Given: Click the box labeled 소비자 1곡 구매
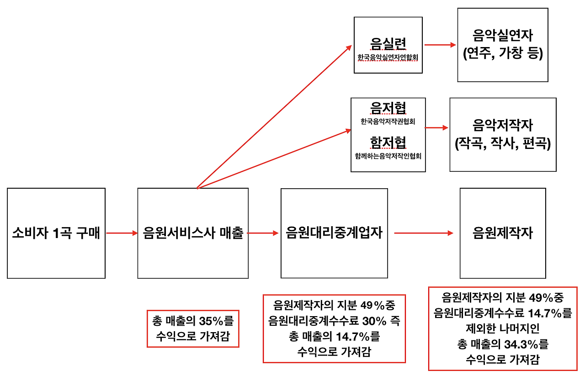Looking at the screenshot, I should point(56,233).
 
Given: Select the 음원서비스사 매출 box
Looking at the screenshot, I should point(193,233).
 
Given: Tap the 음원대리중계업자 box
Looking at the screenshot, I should point(334,233).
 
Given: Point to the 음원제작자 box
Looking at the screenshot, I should point(502,233).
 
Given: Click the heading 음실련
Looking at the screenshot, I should point(388,44).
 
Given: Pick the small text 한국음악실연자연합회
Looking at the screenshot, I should point(388,58).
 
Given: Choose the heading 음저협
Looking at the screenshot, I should point(388,108).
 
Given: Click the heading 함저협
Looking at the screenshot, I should point(388,143).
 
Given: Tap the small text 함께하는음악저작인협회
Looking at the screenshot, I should point(388,156).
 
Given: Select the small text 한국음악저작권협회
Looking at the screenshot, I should point(388,122).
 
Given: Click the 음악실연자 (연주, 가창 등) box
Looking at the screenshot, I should point(502,45).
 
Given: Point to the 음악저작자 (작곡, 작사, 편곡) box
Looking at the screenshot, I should point(503,134).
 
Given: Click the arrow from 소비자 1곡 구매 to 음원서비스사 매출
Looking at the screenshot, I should point(122,233).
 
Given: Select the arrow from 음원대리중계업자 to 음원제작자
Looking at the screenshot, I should point(424,233).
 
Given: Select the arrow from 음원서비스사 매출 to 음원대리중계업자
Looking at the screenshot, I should point(263,233).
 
